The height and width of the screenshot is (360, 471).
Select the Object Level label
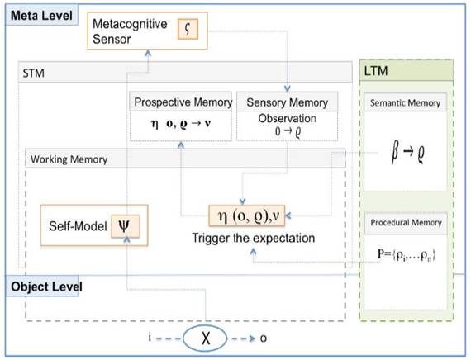click(45, 286)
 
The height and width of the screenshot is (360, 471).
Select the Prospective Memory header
click(182, 102)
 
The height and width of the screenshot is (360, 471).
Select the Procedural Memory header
click(406, 222)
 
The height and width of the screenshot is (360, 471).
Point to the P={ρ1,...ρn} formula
click(406, 253)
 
